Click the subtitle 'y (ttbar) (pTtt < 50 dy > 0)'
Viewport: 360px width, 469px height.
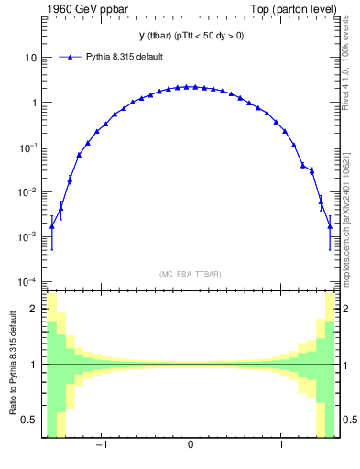(190, 36)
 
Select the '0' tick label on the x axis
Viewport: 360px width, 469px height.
(190, 447)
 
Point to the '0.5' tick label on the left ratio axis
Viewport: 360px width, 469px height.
(30, 420)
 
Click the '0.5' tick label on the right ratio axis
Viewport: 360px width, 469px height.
(349, 420)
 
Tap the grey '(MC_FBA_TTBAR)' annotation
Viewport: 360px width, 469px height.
(190, 274)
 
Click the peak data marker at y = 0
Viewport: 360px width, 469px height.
(190, 87)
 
